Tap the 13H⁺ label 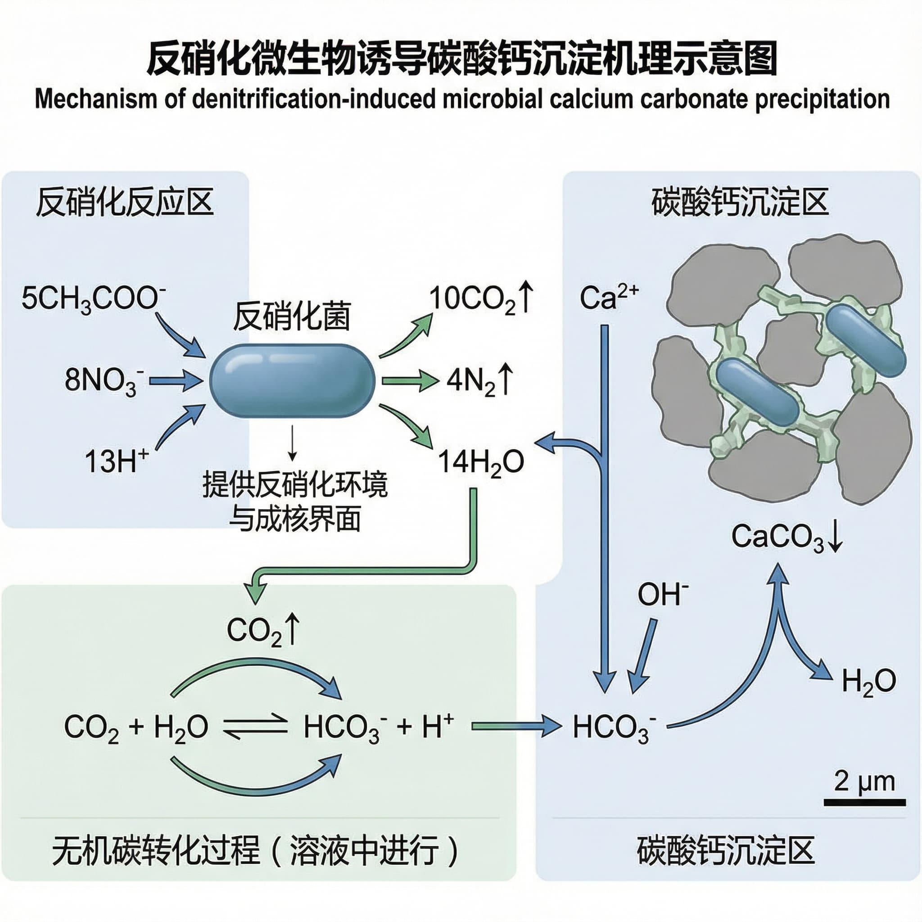tap(117, 461)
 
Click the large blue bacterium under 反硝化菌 tap(292, 381)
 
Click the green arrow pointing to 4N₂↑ tap(410, 381)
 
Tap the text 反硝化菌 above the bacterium tap(292, 316)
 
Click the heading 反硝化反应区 tap(125, 203)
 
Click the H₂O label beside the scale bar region tap(868, 682)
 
